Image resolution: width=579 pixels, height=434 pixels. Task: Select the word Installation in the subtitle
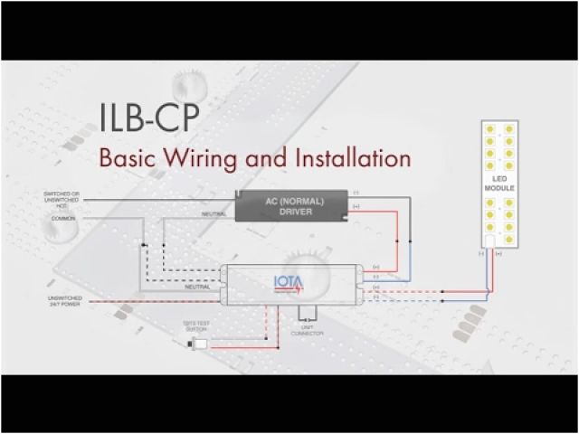[x=353, y=157]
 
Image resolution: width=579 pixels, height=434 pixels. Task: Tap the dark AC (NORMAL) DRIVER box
[x=290, y=205]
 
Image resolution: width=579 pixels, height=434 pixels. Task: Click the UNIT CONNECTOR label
[x=308, y=331]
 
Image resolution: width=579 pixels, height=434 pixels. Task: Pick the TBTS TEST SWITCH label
[x=196, y=328]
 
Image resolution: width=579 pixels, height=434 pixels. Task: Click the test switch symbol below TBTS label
[x=201, y=344]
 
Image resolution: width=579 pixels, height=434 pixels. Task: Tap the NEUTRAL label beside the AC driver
[x=214, y=213]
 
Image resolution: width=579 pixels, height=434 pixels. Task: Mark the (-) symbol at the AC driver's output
[x=356, y=193]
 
